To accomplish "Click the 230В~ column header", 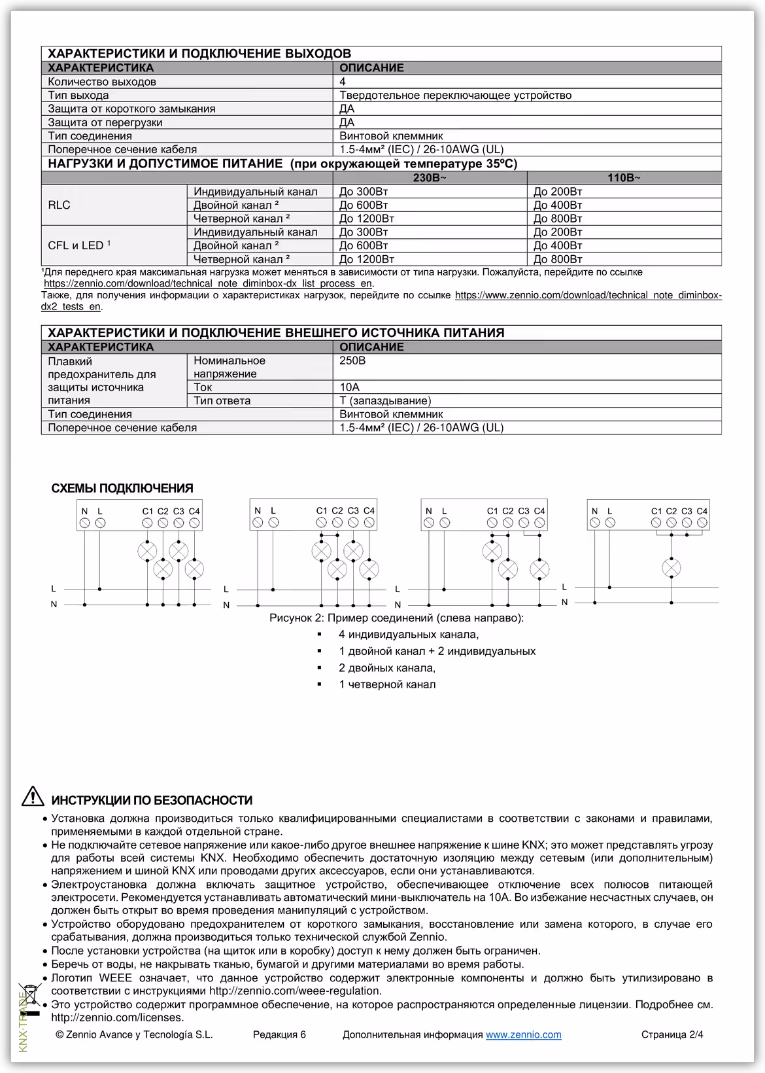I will coord(430,177).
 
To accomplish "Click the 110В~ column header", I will coord(624,177).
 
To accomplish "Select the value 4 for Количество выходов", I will coord(343,82).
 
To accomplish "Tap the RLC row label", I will coord(59,205).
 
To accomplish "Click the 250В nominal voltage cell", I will coord(352,361).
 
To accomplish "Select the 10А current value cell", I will coord(350,387).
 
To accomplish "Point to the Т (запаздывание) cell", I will coord(385,400).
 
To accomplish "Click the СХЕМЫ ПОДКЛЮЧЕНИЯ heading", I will coord(122,488).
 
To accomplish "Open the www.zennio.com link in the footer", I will coord(523,1034).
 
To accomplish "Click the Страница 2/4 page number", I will coord(672,1034).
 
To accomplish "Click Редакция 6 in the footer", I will coord(279,1034).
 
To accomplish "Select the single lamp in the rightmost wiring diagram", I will coord(671,567).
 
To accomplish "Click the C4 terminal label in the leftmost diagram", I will coord(194,511).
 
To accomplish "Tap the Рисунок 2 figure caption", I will coord(396,618).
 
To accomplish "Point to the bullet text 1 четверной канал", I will coord(387,684).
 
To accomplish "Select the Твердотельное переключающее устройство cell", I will coord(455,96).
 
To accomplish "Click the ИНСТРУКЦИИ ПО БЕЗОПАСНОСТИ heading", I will coord(152,800).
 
